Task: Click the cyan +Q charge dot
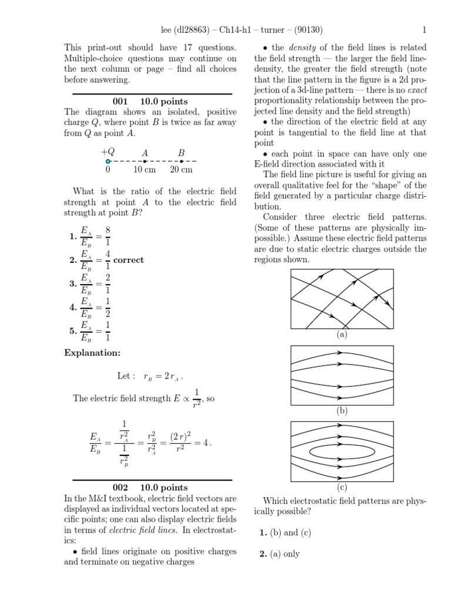[107, 161]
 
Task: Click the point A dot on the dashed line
[144, 161]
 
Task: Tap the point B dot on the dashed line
[181, 161]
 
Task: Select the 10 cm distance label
[144, 170]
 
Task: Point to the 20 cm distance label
[181, 170]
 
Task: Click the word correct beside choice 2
[129, 260]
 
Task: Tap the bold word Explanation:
[92, 353]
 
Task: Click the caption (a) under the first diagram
[342, 335]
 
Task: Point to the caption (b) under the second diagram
[342, 411]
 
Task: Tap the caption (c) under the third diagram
[342, 487]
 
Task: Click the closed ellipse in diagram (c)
[342, 453]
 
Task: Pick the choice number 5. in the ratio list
[73, 331]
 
